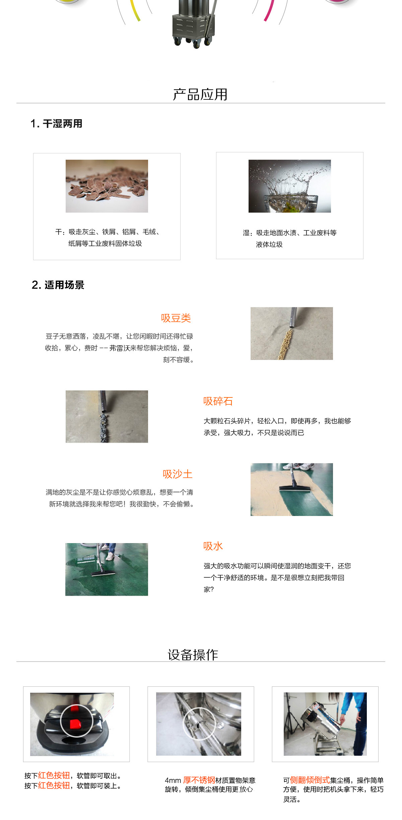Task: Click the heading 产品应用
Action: tap(200, 94)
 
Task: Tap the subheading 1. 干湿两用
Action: tap(56, 124)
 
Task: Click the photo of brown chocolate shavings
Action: tap(107, 186)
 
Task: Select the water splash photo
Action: tap(289, 186)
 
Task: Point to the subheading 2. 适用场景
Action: tap(58, 285)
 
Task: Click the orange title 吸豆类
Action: tap(176, 318)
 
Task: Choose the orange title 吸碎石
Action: tap(218, 401)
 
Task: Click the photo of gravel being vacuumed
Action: tap(107, 417)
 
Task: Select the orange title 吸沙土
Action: tap(178, 474)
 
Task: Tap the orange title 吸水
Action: tap(213, 546)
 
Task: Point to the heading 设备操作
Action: tap(193, 655)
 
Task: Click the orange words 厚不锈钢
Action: tap(199, 780)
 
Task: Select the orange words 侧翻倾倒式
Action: tap(310, 780)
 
